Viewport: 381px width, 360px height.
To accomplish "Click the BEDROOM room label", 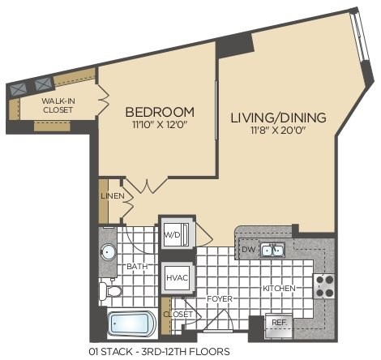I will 159,112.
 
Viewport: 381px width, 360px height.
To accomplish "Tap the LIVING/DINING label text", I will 278,118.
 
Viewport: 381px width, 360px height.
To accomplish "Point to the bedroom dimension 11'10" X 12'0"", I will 159,126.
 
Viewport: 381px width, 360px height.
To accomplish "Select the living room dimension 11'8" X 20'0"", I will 278,131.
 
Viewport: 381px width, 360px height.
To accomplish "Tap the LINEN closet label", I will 112,196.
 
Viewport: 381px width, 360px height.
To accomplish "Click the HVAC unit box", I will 177,277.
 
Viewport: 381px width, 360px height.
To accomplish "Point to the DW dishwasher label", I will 247,250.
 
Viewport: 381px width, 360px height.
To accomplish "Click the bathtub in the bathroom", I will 131,324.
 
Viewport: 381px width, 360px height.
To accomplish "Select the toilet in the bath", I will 111,289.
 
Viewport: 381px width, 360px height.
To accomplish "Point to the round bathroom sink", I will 109,251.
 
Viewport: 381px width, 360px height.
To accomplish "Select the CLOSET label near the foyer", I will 179,314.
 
